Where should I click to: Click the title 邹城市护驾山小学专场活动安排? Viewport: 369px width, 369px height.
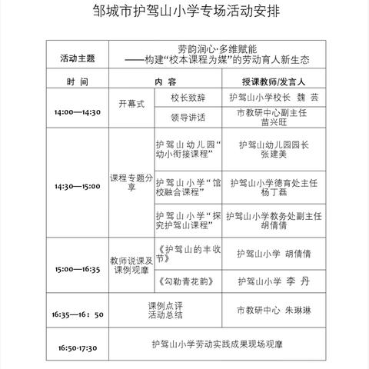(184, 13)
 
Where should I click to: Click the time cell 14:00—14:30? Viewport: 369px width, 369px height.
(78, 112)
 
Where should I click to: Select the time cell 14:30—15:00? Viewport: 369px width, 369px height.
(77, 185)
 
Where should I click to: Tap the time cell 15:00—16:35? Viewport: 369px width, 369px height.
(77, 270)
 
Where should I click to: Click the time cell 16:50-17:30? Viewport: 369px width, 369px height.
(77, 347)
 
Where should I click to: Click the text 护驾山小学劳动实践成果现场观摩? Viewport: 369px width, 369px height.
(218, 347)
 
